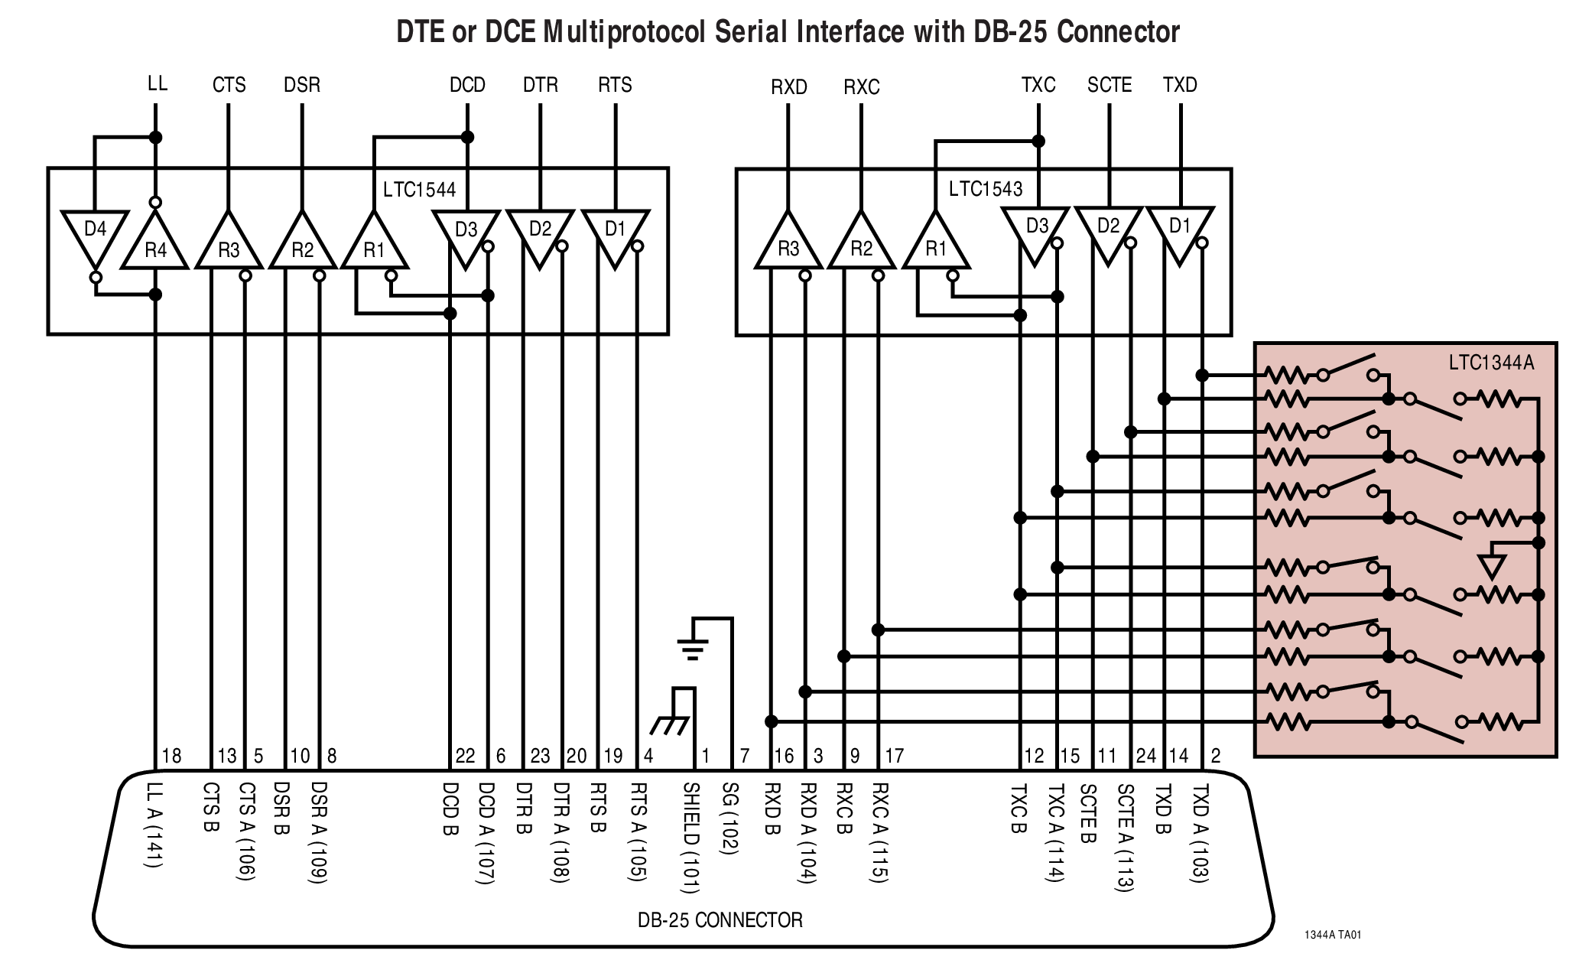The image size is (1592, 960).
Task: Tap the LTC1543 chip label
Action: click(985, 189)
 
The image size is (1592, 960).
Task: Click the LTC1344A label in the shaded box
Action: click(1490, 363)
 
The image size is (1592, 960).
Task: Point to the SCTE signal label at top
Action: click(1109, 85)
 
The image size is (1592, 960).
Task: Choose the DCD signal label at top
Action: click(467, 85)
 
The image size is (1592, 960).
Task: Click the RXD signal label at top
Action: click(788, 87)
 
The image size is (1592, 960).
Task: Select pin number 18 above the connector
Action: click(171, 756)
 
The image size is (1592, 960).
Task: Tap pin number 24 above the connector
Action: click(1145, 756)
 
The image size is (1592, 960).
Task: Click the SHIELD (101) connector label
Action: click(690, 838)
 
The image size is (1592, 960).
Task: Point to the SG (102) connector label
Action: click(729, 818)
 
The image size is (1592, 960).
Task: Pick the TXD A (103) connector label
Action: click(1200, 833)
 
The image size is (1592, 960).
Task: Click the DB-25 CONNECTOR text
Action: click(720, 919)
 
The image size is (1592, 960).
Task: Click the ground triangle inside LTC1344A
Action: click(1492, 567)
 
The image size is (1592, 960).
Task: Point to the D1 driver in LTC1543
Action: click(1180, 232)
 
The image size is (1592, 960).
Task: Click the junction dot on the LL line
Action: click(155, 138)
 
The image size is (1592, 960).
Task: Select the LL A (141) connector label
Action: click(154, 824)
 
